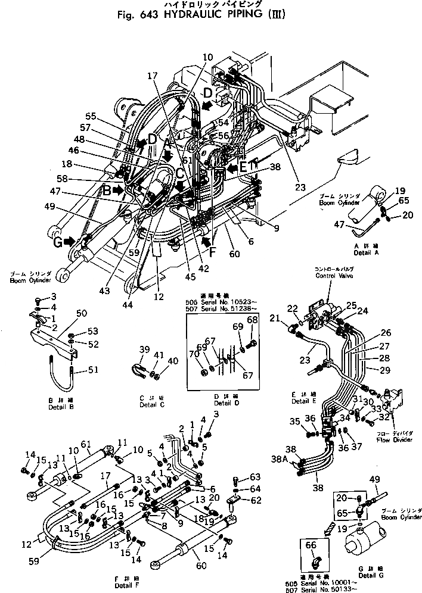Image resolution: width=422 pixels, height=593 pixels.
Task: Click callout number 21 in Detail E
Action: (275, 320)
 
